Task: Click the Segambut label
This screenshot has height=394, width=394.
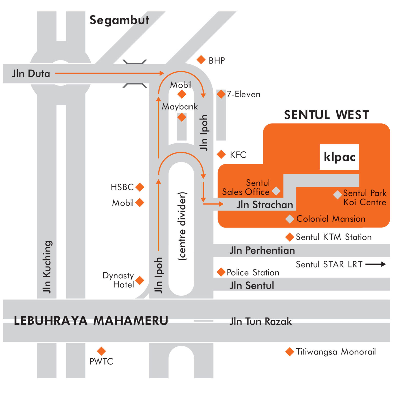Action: coord(119,20)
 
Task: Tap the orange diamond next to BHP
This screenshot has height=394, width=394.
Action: coord(201,60)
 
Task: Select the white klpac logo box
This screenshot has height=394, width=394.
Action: coord(339,157)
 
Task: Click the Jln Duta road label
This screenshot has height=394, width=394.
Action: coord(31,74)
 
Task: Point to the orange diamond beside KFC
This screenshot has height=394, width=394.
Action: coord(221,154)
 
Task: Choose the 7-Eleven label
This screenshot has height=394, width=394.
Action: coord(243,94)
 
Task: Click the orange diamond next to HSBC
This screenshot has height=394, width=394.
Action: coord(140,187)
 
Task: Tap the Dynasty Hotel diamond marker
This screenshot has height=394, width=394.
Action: coord(140,280)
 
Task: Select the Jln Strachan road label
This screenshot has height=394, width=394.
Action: coord(265,205)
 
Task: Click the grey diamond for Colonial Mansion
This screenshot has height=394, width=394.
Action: coord(290,219)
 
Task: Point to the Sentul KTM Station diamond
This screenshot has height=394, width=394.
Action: coord(290,237)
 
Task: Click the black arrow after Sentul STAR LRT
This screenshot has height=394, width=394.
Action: coord(376,264)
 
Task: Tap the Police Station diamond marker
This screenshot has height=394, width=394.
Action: coord(221,272)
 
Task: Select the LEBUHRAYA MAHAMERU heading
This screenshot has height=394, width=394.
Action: coord(91,321)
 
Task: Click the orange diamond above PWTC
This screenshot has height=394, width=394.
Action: coord(101,351)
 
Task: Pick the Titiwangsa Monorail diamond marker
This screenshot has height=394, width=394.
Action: coord(290,352)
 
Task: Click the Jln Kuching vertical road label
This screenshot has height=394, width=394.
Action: coord(47,267)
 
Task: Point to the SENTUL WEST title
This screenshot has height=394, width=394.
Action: coord(326,115)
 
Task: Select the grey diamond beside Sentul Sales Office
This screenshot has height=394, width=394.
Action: coord(276,191)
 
